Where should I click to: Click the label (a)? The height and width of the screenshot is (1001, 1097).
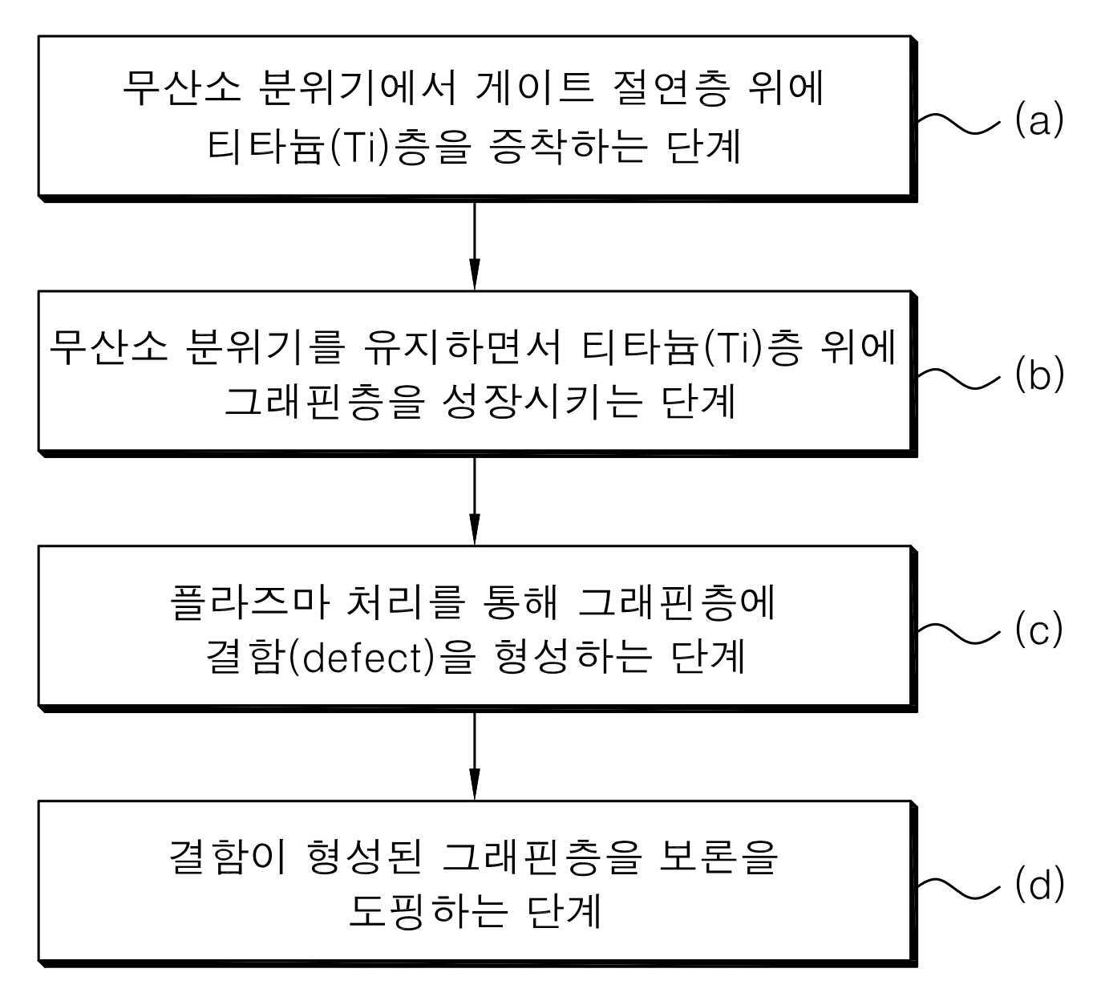[x=1038, y=120]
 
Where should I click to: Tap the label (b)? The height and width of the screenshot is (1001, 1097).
[x=1038, y=375]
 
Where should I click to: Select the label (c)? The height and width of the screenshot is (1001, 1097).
[x=1038, y=630]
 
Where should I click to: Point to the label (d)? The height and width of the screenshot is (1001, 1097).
[x=1038, y=885]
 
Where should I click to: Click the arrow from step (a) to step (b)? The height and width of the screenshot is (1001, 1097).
[x=474, y=245]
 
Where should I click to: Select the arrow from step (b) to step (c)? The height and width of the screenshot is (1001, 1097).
[x=474, y=500]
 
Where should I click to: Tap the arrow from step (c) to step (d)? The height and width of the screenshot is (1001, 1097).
[x=474, y=755]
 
